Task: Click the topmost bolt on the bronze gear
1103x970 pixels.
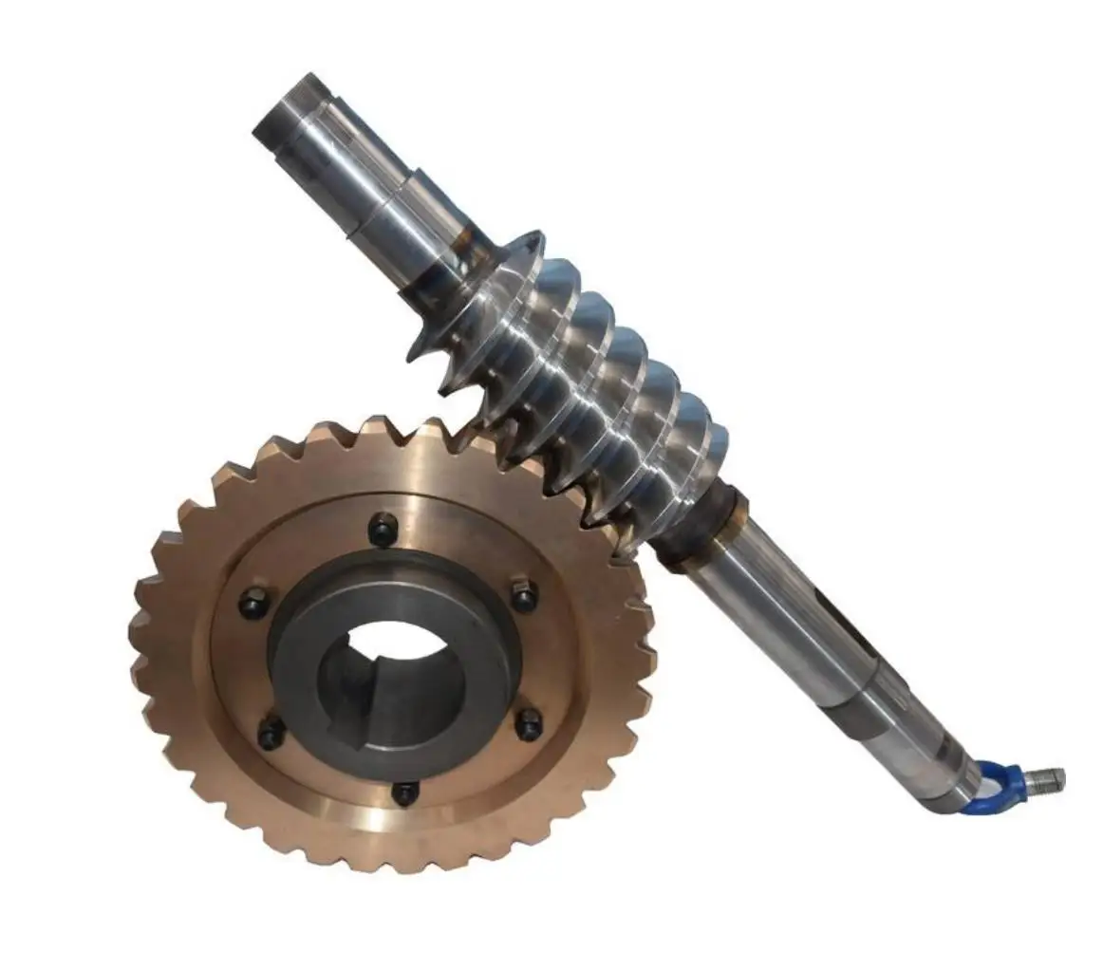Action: pyautogui.click(x=383, y=529)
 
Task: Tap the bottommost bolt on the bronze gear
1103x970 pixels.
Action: pyautogui.click(x=405, y=792)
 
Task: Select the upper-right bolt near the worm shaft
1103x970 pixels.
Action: pyautogui.click(x=523, y=595)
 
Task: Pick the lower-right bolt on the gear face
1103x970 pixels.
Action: pyautogui.click(x=528, y=724)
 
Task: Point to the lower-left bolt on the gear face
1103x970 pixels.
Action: pyautogui.click(x=271, y=732)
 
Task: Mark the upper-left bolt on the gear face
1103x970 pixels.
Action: pyautogui.click(x=252, y=602)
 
